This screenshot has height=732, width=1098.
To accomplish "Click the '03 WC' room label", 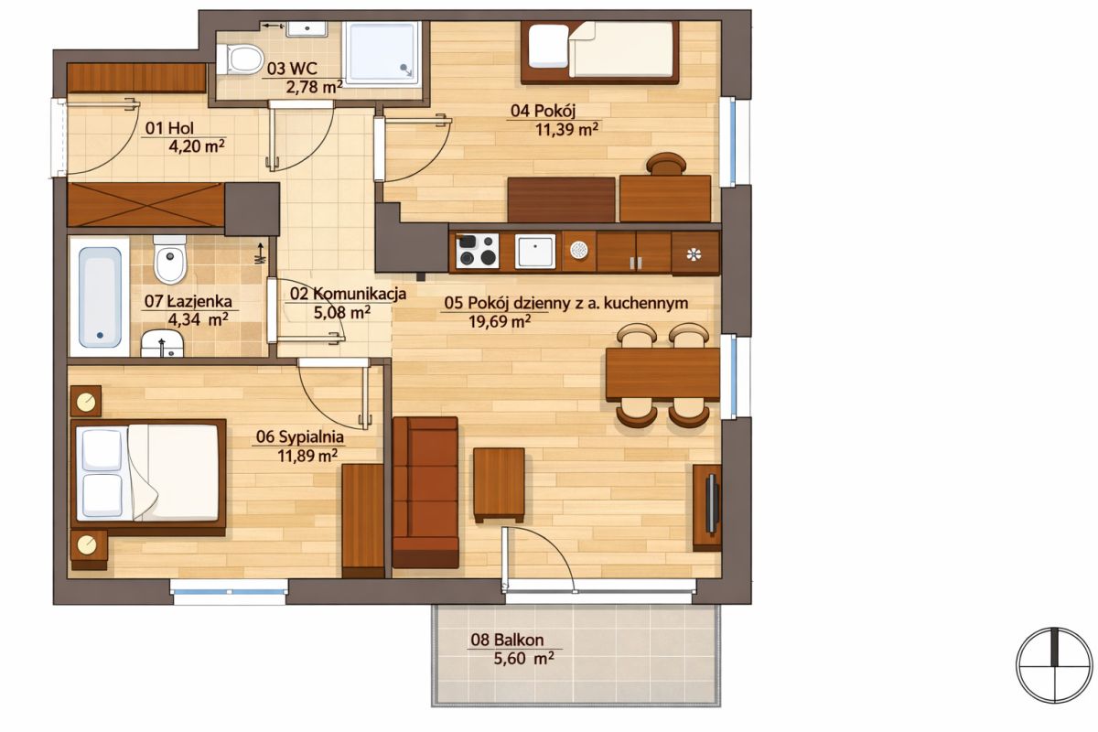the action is [x=292, y=69].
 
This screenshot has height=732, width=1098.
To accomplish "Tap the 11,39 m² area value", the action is [x=566, y=130].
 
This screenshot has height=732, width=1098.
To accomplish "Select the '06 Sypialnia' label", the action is [x=299, y=436].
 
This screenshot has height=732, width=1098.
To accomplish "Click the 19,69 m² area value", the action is [x=500, y=322].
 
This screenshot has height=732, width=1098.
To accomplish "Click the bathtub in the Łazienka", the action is [x=100, y=296].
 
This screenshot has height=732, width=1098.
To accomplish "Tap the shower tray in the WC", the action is [x=382, y=54].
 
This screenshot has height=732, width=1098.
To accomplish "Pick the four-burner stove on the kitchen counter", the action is [x=477, y=251].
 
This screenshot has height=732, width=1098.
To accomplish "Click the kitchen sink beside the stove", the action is [x=534, y=251].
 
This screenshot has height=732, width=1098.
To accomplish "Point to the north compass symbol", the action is [x=1054, y=665].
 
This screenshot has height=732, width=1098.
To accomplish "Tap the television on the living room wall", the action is [x=712, y=503].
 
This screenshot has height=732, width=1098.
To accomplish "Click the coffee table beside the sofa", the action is [x=499, y=485].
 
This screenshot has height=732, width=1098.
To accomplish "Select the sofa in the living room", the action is [x=425, y=492].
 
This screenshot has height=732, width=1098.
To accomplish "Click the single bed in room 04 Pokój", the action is [x=599, y=52].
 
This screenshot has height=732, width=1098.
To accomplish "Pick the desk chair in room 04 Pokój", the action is [x=665, y=164].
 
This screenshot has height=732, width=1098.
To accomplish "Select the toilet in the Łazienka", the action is [x=169, y=259].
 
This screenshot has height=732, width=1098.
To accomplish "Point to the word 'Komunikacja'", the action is [x=360, y=294].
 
